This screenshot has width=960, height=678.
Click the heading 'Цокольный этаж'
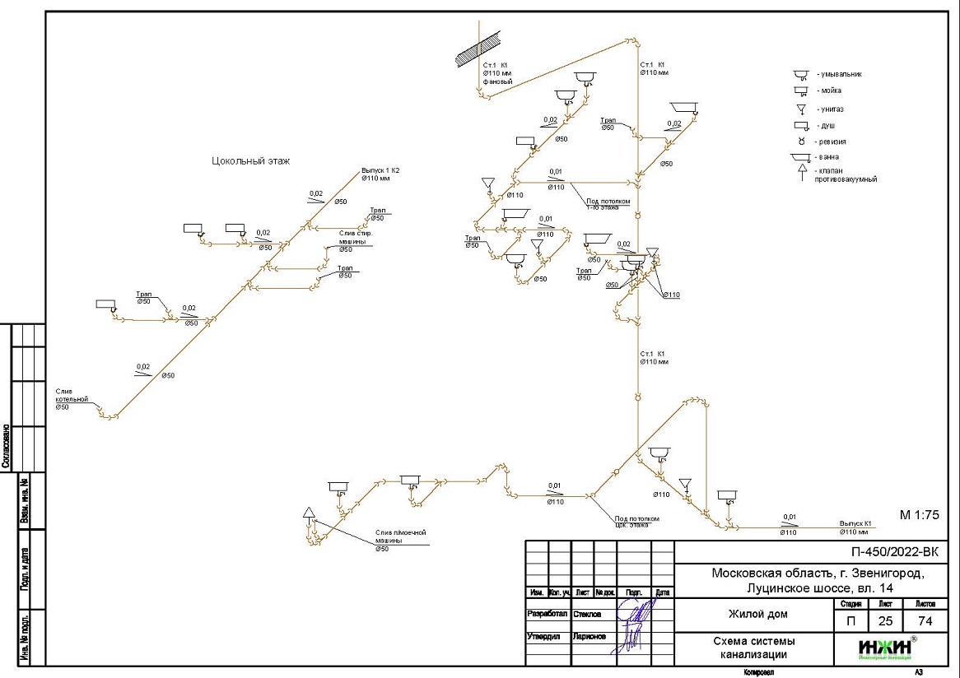pos(251,161)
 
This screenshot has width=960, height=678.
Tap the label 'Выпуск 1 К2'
pos(385,170)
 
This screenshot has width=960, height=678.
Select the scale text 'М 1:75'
pos(919,515)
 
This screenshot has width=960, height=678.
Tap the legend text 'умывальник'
pos(839,74)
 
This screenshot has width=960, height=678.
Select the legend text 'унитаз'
pos(832,109)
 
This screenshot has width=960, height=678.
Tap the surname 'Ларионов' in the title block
pos(590,637)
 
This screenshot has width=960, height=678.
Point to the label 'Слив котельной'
pos(72,395)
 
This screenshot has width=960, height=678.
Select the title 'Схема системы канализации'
pos(754,648)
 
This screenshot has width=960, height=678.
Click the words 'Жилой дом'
pos(757,614)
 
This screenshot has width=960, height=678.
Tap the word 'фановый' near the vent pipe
pos(497,82)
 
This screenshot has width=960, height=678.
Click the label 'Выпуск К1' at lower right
pos(855,522)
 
